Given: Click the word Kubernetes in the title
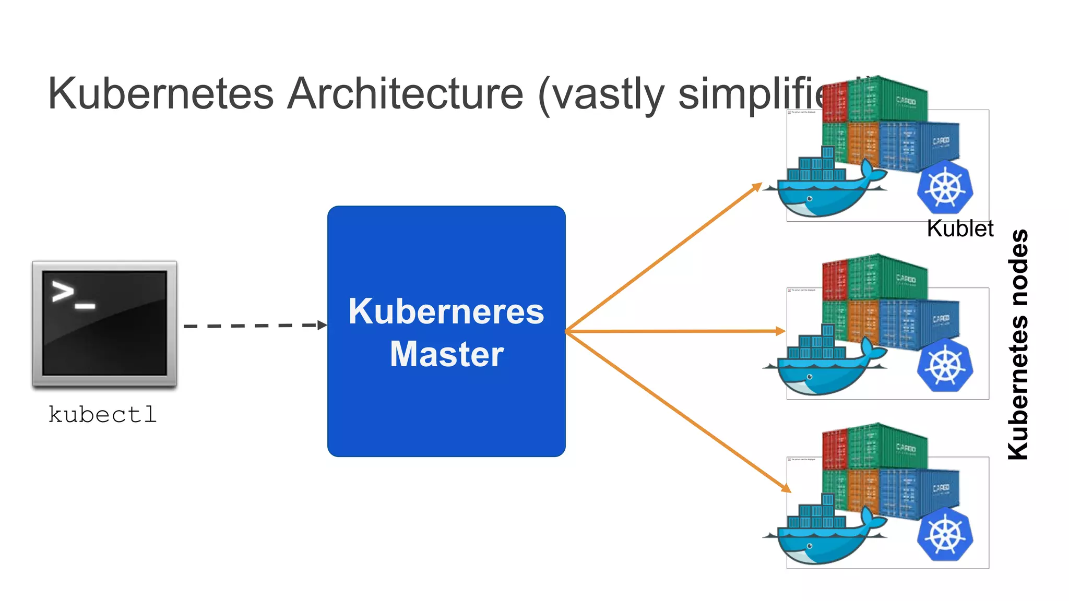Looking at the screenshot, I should tap(161, 94).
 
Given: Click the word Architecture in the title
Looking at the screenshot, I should tap(405, 94).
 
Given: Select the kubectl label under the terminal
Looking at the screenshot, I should tap(102, 415).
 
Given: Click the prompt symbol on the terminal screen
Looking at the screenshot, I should tap(63, 292).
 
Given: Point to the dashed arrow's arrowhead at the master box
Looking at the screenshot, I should tap(323, 325).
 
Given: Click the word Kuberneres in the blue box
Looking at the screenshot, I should tap(446, 311).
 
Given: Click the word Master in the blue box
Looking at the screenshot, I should tap(446, 354).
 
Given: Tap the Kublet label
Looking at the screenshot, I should tap(959, 229).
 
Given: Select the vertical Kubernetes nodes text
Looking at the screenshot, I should tap(1018, 344).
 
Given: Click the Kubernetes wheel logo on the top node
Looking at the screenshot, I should tap(945, 187).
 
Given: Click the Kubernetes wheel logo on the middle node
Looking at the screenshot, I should tap(945, 365).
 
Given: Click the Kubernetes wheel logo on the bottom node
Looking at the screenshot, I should tap(945, 534).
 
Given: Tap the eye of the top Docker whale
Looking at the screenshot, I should tap(810, 199).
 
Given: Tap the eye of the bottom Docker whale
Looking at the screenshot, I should tap(810, 546).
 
